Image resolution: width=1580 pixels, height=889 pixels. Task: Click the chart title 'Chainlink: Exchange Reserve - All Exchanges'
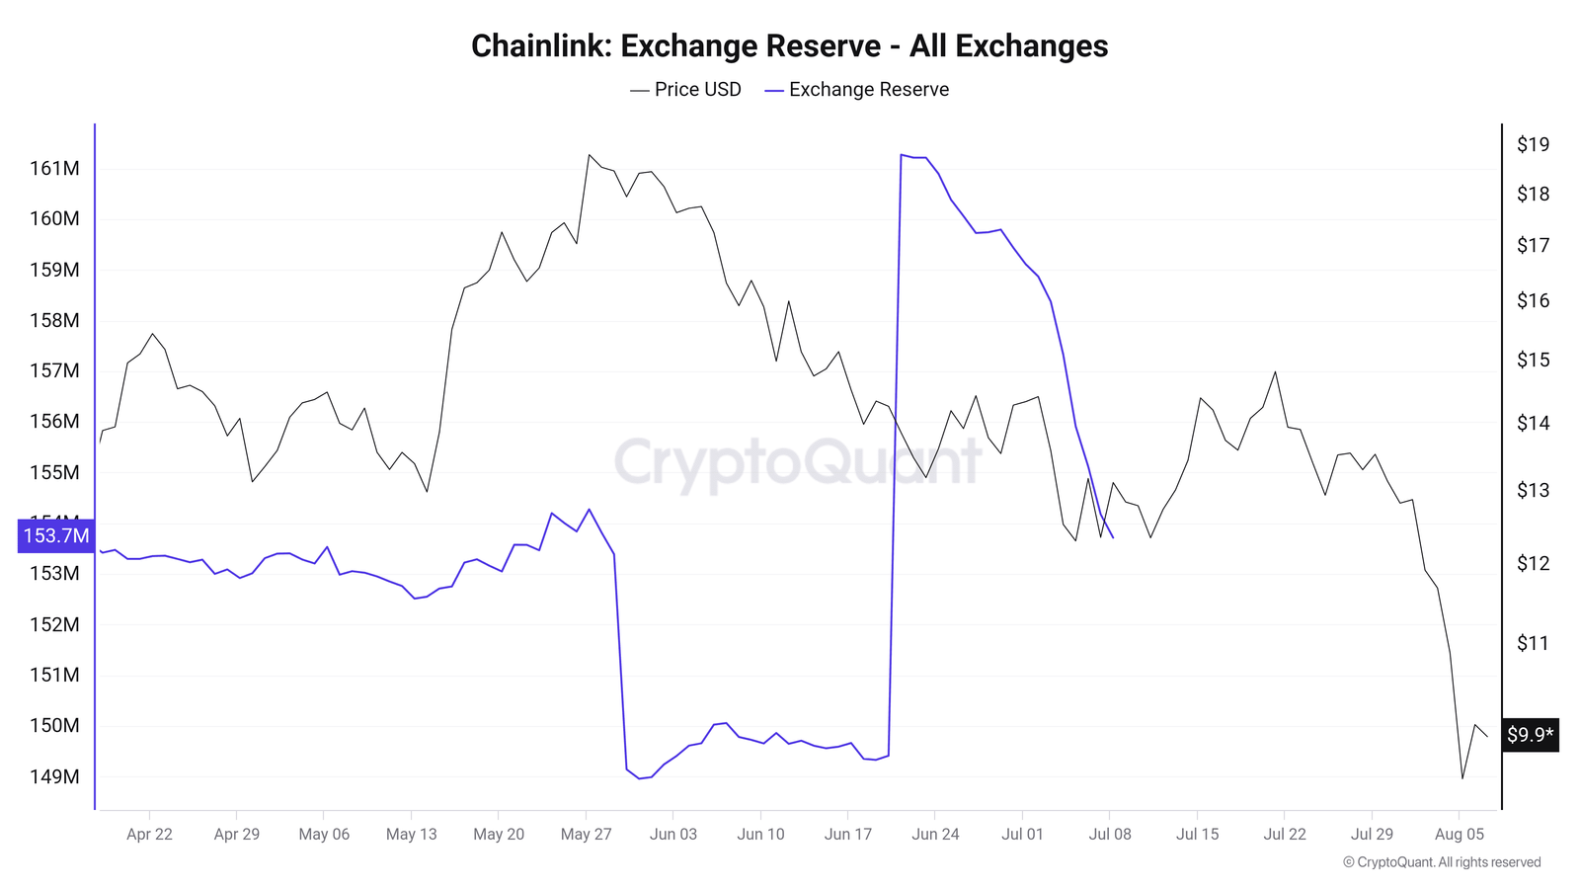tap(789, 46)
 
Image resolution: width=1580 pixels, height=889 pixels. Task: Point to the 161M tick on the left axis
tap(54, 169)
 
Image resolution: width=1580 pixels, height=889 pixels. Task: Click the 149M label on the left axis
tap(54, 777)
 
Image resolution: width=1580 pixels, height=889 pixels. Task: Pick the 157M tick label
tap(54, 371)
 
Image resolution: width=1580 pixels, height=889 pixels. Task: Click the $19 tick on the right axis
tap(1533, 145)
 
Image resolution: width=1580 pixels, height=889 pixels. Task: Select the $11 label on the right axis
tap(1533, 644)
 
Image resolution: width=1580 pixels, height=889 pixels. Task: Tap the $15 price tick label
tap(1533, 361)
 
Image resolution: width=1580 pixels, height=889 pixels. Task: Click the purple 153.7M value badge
tap(56, 536)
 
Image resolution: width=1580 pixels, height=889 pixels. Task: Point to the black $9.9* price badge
tap(1530, 735)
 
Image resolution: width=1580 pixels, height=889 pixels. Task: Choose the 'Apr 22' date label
tap(149, 835)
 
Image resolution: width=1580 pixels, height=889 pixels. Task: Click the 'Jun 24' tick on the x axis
tap(935, 835)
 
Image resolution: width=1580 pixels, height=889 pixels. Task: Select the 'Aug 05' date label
tap(1459, 835)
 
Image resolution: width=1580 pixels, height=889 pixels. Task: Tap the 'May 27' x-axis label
tap(586, 835)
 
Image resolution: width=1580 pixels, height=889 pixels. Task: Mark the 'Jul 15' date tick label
tap(1197, 835)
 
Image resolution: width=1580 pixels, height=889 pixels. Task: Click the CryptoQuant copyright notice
tap(1442, 862)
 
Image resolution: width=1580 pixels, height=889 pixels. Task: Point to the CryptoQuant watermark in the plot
tap(798, 461)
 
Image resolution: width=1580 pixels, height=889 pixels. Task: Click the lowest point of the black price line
tap(1462, 778)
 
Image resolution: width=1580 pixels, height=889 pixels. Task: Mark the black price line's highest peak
tap(589, 154)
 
